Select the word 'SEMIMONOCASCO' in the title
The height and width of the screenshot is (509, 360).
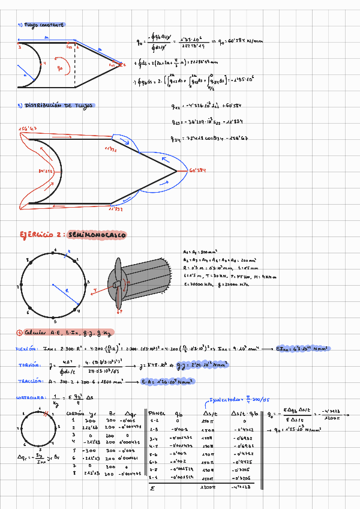point(97,235)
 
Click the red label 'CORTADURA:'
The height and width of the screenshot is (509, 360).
point(29,397)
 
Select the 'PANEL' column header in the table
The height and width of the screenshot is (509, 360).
point(157,414)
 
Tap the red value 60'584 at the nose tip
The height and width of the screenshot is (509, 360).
point(198,171)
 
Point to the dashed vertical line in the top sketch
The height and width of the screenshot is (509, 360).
point(75,60)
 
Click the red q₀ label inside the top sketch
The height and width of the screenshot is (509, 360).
point(59,68)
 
